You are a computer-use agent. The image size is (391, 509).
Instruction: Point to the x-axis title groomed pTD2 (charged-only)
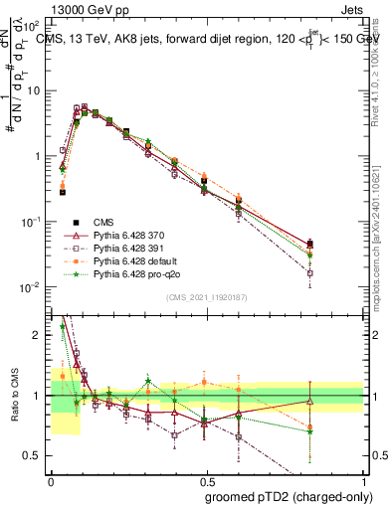pos(290,496)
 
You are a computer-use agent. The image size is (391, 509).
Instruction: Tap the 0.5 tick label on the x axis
pos(206,480)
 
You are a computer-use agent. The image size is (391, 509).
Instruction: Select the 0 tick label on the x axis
pos(51,480)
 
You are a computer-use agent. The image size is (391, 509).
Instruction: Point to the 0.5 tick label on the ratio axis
pos(35,456)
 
